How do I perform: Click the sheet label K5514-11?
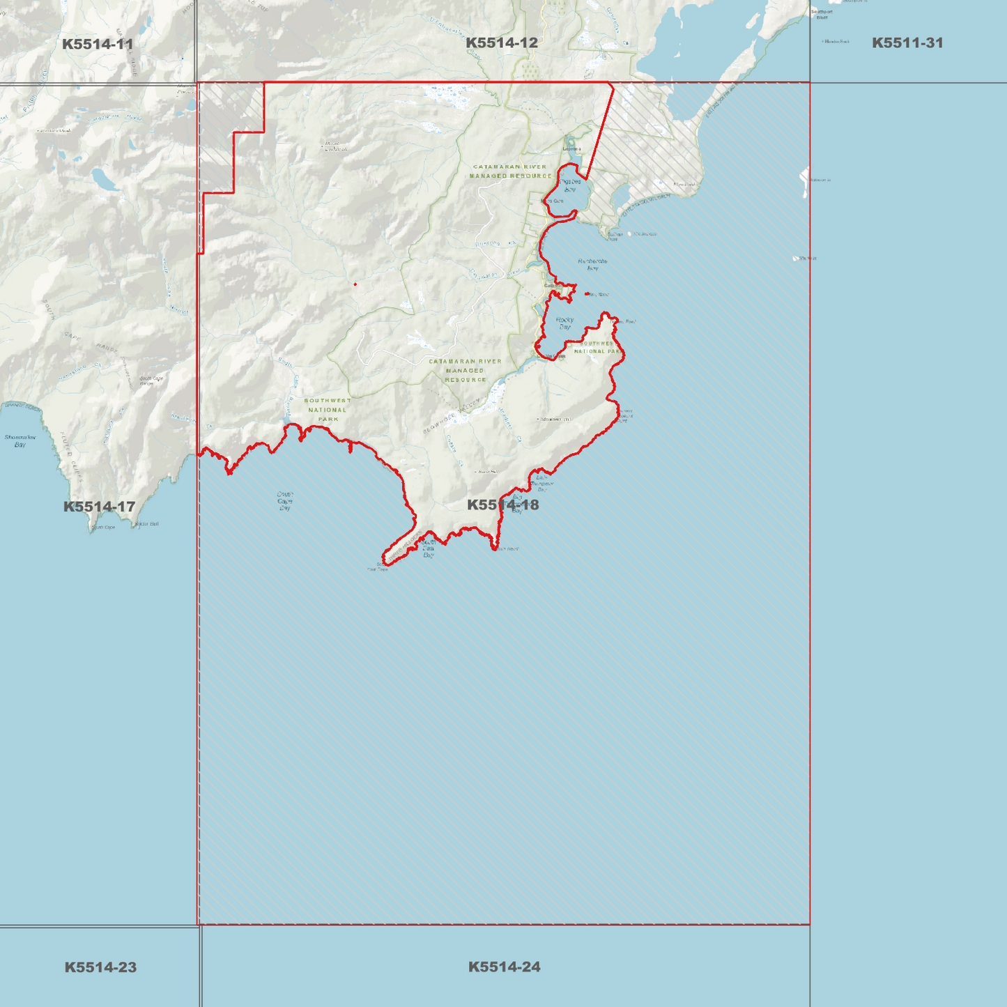pyautogui.click(x=98, y=45)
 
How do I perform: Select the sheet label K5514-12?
pyautogui.click(x=502, y=43)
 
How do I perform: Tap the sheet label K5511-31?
pyautogui.click(x=907, y=43)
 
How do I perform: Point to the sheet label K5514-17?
pyautogui.click(x=99, y=507)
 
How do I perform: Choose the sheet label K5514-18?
pyautogui.click(x=502, y=505)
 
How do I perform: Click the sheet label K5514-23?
pyautogui.click(x=100, y=967)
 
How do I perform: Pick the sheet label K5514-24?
pyautogui.click(x=504, y=967)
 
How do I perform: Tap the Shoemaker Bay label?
pyautogui.click(x=20, y=440)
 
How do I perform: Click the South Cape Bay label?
pyautogui.click(x=284, y=501)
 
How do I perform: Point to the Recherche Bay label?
pyautogui.click(x=592, y=264)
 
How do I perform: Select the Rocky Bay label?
pyautogui.click(x=564, y=323)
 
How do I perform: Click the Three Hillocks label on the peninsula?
pyautogui.click(x=555, y=419)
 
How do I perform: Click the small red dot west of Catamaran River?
pyautogui.click(x=355, y=284)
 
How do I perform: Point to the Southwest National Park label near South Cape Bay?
pyautogui.click(x=328, y=410)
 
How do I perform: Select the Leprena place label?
pyautogui.click(x=571, y=148)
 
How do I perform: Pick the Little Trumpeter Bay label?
pyautogui.click(x=542, y=483)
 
